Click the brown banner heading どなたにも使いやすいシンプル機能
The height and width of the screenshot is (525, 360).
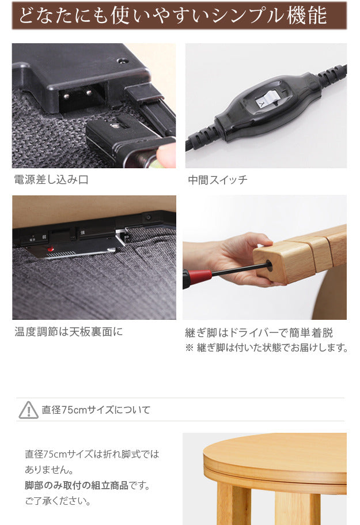[x=173, y=16]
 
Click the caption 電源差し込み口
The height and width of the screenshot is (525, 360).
[x=51, y=180]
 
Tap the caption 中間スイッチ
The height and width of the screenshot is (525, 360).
[x=218, y=180]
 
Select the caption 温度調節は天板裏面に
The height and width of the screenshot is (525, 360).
[x=69, y=332]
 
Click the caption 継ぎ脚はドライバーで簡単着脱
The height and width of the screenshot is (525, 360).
[x=259, y=333]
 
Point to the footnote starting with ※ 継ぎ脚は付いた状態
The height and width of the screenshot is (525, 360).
[x=267, y=348]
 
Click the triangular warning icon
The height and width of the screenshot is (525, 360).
[x=28, y=410]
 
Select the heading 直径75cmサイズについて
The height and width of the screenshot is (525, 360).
[x=96, y=410]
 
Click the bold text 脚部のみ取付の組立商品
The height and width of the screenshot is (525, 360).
[x=77, y=486]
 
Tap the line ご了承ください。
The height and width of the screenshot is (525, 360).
[x=58, y=501]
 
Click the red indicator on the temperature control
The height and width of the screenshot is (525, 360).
[x=51, y=250]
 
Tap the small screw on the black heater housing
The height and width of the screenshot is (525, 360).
[x=121, y=60]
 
